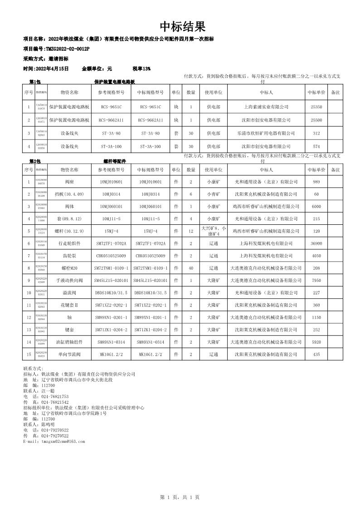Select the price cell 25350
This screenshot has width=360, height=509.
(316, 107)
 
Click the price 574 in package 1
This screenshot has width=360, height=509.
(316, 146)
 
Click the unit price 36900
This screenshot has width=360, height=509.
(316, 243)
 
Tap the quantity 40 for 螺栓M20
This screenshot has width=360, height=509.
(191, 268)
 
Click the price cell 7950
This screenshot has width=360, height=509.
(316, 280)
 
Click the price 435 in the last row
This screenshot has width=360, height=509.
(316, 354)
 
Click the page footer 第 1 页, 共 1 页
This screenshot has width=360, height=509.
(180, 497)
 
